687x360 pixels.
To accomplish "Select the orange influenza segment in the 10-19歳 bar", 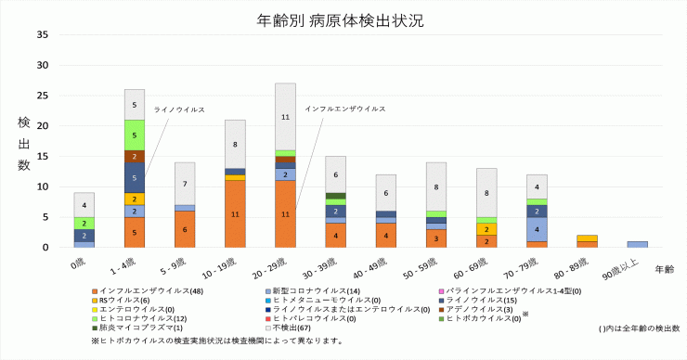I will point(235,213).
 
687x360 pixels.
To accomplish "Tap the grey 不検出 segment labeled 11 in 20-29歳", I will point(285,117).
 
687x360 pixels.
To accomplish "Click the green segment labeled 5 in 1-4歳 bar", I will point(135,135).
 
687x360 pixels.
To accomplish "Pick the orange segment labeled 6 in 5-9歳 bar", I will point(185,229).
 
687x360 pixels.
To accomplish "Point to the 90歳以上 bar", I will point(637,244).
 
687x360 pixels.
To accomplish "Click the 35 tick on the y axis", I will point(43,35).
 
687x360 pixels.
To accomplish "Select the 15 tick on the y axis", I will point(43,157).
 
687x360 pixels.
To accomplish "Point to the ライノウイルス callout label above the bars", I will point(178,109).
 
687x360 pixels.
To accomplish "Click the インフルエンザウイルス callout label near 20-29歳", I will point(344,109).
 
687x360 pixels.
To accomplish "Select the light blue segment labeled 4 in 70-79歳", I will point(537,229).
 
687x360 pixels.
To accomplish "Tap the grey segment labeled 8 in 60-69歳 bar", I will point(486,193).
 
